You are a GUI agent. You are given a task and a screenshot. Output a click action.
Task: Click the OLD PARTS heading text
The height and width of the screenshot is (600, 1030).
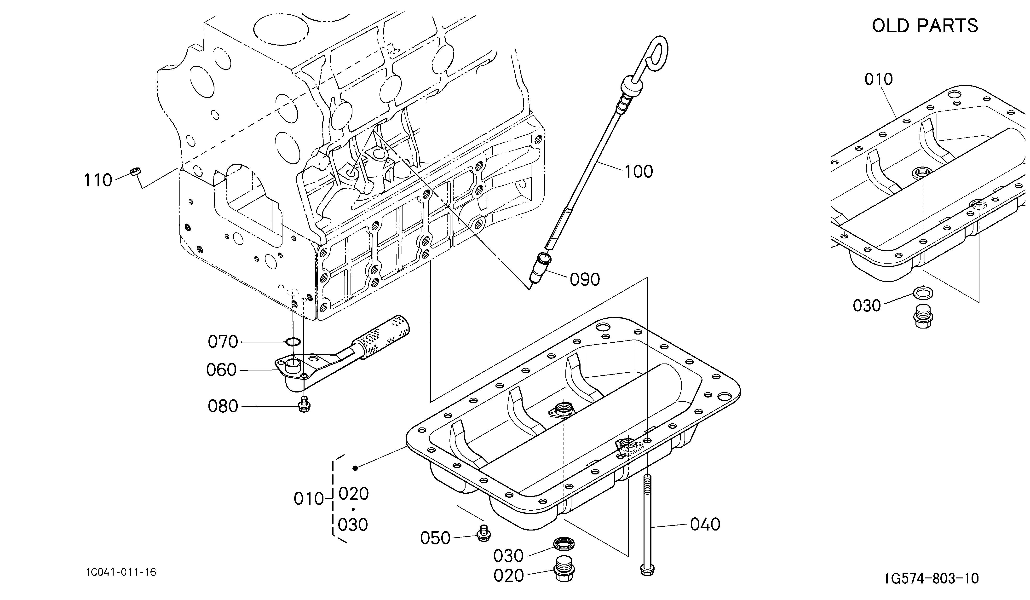coord(925,26)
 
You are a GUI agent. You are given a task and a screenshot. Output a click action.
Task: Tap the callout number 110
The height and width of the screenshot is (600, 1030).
coord(98,180)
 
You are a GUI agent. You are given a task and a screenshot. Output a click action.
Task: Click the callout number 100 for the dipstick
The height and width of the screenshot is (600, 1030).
coord(639,171)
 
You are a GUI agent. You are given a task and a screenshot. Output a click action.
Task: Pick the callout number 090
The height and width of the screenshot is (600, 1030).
coord(585,280)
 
